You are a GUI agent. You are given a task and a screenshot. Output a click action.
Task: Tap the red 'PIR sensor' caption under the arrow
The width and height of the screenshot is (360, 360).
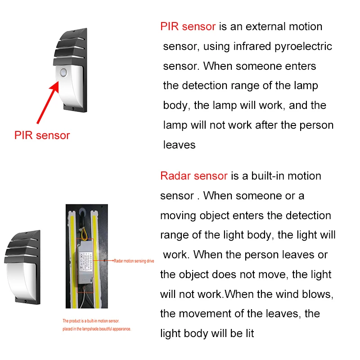tap(42, 135)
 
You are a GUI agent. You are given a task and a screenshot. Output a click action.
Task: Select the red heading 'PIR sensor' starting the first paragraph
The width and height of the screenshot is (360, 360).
tap(188, 26)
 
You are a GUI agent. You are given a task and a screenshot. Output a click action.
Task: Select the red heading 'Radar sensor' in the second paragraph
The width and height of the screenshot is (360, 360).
tap(193, 175)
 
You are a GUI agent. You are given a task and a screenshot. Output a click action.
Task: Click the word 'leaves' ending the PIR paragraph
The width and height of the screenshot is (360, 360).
tap(179, 145)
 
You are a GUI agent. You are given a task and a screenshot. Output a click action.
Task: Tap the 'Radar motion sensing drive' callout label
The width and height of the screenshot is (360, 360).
tap(134, 261)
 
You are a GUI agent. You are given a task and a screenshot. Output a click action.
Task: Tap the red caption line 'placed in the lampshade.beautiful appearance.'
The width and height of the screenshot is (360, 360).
tap(96, 329)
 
